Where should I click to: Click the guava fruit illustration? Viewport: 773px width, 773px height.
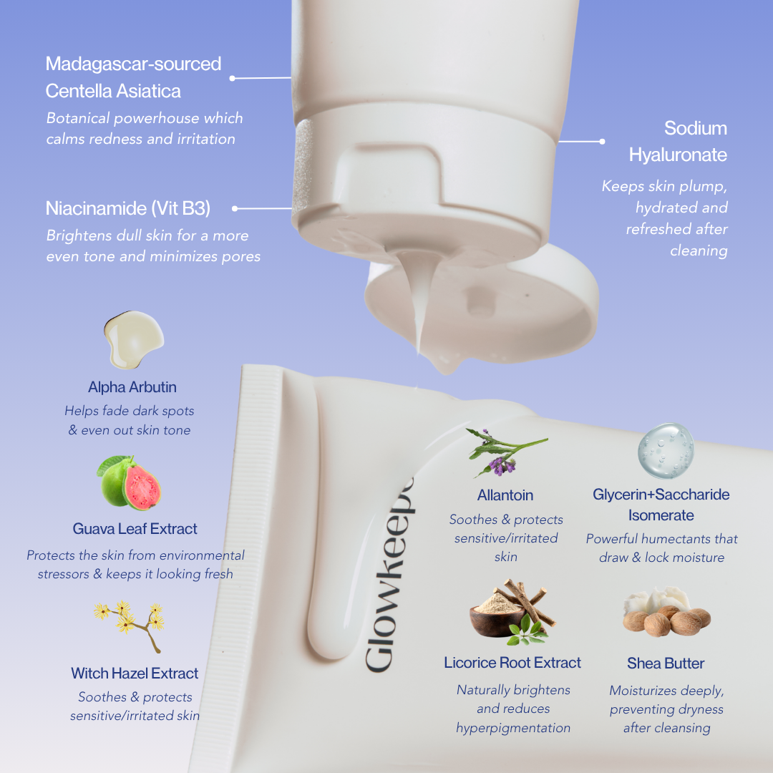(129, 482)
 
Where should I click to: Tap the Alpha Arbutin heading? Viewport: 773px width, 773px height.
(132, 387)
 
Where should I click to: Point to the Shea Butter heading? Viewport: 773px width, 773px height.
(666, 663)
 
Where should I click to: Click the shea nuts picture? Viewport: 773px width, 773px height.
(666, 612)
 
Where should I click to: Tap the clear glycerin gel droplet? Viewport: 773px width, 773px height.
(666, 451)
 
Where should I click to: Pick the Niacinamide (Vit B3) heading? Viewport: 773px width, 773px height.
(128, 208)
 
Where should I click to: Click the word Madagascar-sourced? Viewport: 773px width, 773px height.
(134, 64)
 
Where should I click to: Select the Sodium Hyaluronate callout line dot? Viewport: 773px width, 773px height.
(602, 142)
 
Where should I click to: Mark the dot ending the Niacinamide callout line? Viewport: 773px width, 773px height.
(235, 208)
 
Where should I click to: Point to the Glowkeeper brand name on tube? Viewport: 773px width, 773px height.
(389, 575)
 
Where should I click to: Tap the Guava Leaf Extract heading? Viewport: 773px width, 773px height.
(135, 529)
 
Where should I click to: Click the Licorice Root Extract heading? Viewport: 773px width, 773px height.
(512, 663)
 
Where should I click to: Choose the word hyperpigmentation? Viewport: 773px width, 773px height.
(513, 728)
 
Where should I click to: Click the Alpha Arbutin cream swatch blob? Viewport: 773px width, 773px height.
(134, 340)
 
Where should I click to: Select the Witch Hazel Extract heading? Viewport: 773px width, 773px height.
(135, 674)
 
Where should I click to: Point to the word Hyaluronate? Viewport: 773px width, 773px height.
(678, 155)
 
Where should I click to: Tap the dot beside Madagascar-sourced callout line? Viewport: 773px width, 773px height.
(232, 79)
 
